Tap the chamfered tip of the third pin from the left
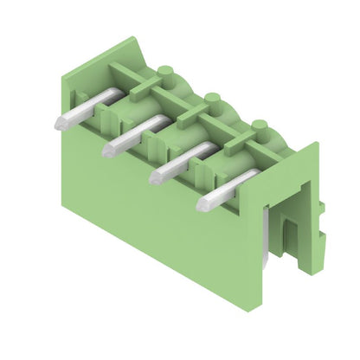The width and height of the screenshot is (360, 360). point(157,176)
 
